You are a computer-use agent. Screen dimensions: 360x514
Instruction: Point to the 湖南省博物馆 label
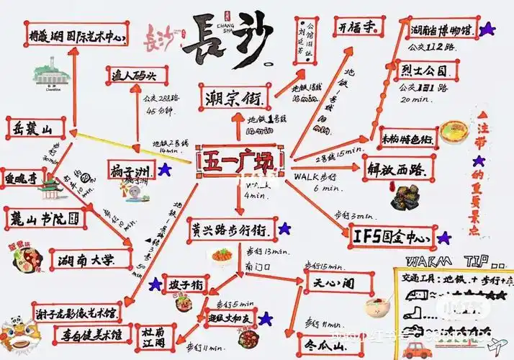click(441, 31)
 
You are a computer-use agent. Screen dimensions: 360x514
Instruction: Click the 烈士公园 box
click(426, 71)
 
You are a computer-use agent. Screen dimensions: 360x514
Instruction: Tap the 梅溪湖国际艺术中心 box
click(74, 35)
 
